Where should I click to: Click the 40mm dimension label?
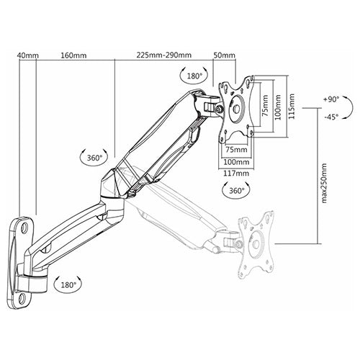point(28,55)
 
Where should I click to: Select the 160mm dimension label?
point(73,55)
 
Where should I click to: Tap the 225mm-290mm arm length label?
point(164,55)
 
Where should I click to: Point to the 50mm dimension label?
point(225,55)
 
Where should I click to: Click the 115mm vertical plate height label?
point(292,107)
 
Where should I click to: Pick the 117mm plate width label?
point(236,173)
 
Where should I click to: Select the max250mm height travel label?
point(324,184)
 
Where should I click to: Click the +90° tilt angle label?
point(331,99)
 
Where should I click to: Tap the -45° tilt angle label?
point(331,117)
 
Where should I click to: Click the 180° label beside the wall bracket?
point(68,285)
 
